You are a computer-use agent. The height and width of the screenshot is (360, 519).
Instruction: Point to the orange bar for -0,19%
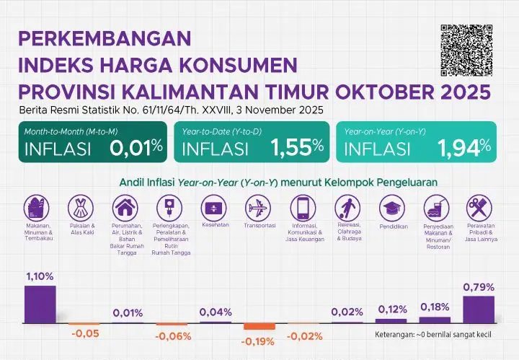(259, 326)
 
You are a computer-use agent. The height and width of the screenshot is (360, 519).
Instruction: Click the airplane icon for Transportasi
(258, 209)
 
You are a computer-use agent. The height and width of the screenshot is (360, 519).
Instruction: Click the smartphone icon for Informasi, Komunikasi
(303, 209)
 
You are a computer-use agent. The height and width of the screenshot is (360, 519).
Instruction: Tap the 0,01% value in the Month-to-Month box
(136, 148)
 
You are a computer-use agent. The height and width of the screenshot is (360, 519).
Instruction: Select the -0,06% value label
(173, 336)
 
